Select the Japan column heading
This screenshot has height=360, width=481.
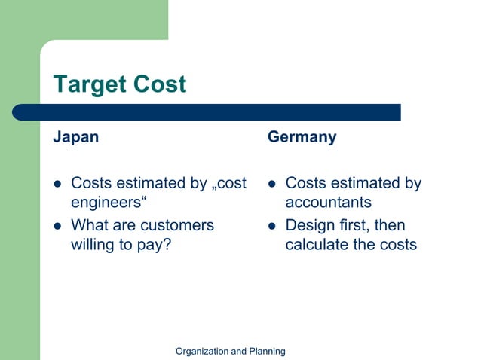click(75, 138)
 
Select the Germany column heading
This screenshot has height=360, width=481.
click(302, 138)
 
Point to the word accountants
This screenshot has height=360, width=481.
click(328, 203)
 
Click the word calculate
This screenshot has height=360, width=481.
click(320, 245)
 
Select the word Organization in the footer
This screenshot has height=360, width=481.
click(201, 351)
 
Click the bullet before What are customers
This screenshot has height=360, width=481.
click(56, 226)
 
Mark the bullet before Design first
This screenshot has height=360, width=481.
click(271, 226)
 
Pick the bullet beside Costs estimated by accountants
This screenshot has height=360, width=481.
click(271, 184)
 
